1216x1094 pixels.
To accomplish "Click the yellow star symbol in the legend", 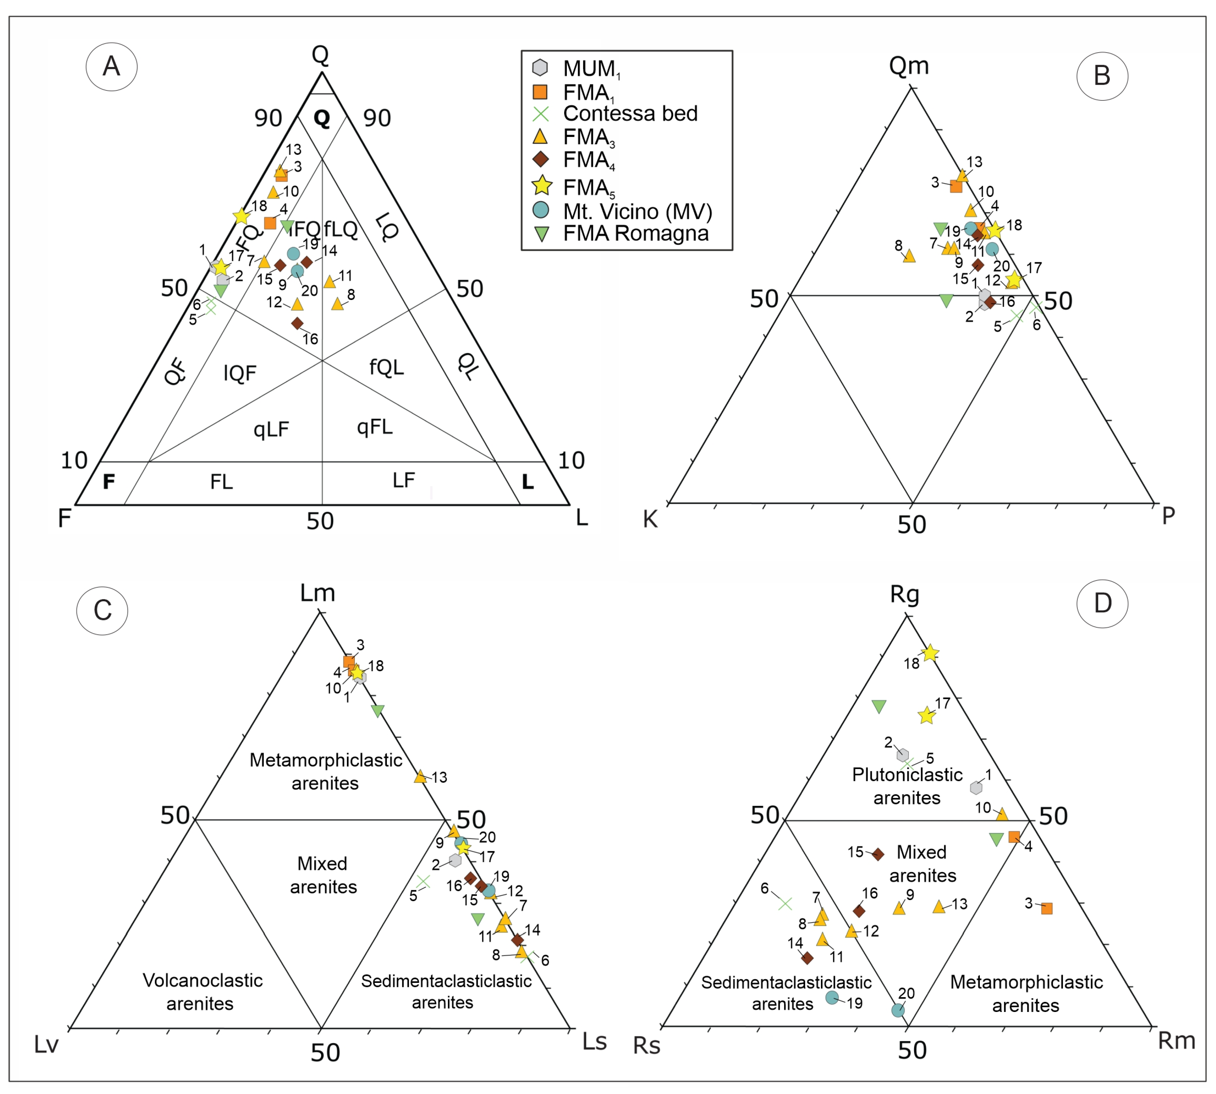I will [541, 186].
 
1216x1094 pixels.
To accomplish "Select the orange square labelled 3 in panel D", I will [1046, 908].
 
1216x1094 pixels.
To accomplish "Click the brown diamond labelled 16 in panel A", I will [297, 323].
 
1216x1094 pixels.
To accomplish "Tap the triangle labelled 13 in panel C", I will [420, 776].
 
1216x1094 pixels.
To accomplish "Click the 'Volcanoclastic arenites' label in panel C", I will [202, 992].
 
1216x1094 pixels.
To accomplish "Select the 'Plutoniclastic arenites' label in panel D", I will [907, 786].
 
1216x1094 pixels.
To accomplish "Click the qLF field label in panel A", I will [271, 429].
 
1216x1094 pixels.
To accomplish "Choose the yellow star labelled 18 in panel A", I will [242, 216].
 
